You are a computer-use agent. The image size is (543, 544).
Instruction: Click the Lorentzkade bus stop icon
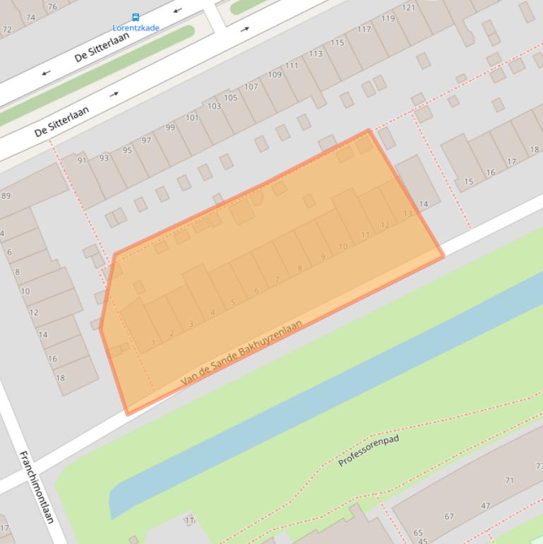pos(136,18)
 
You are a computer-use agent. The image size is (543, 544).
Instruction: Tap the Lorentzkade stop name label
pos(136,28)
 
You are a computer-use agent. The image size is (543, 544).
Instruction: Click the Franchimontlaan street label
pos(37,487)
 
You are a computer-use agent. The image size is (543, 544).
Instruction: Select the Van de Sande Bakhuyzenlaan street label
pos(241,353)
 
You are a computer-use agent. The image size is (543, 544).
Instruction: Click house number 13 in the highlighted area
pos(407,213)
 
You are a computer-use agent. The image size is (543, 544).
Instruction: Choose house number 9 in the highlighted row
pos(323,256)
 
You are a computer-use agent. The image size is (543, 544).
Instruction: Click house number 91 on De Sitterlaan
pos(82,161)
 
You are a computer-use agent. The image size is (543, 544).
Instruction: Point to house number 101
pos(192,118)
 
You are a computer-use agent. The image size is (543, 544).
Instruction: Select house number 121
pos(408,8)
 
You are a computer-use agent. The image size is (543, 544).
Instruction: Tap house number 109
pos(274,75)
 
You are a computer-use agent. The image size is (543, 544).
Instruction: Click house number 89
pos(6,196)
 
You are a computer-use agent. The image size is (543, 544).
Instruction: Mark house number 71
pos(509,480)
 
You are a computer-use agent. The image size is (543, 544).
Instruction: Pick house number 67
pos(449,516)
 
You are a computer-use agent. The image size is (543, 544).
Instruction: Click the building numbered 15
pos(469,182)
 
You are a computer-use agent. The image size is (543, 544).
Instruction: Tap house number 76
pos(52,6)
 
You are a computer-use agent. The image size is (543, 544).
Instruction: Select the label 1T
pos(189,521)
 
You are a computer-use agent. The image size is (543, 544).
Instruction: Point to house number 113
pos(316,54)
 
